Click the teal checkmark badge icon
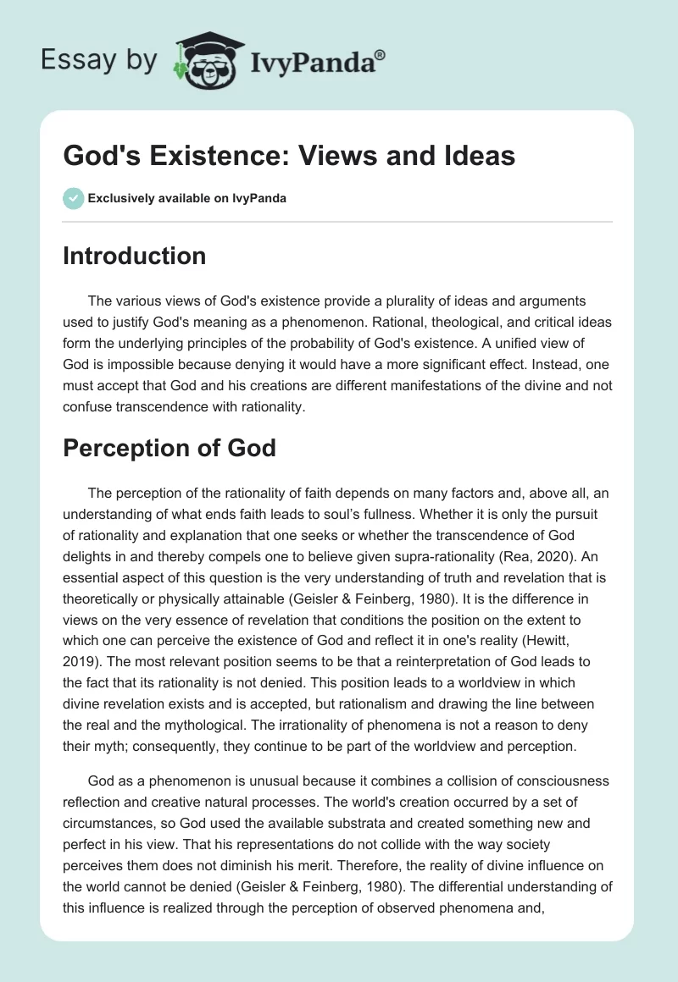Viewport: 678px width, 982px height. point(73,198)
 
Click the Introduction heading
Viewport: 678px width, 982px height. point(134,256)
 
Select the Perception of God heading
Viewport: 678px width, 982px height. point(169,448)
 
